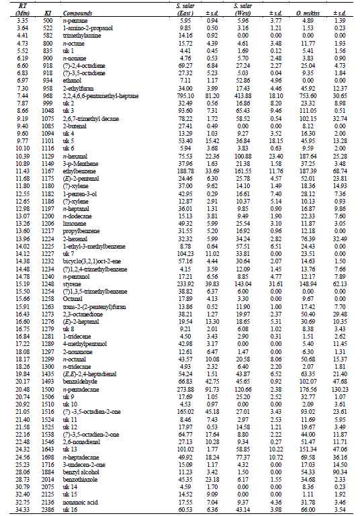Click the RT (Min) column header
point(19,10)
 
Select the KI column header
point(48,13)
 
